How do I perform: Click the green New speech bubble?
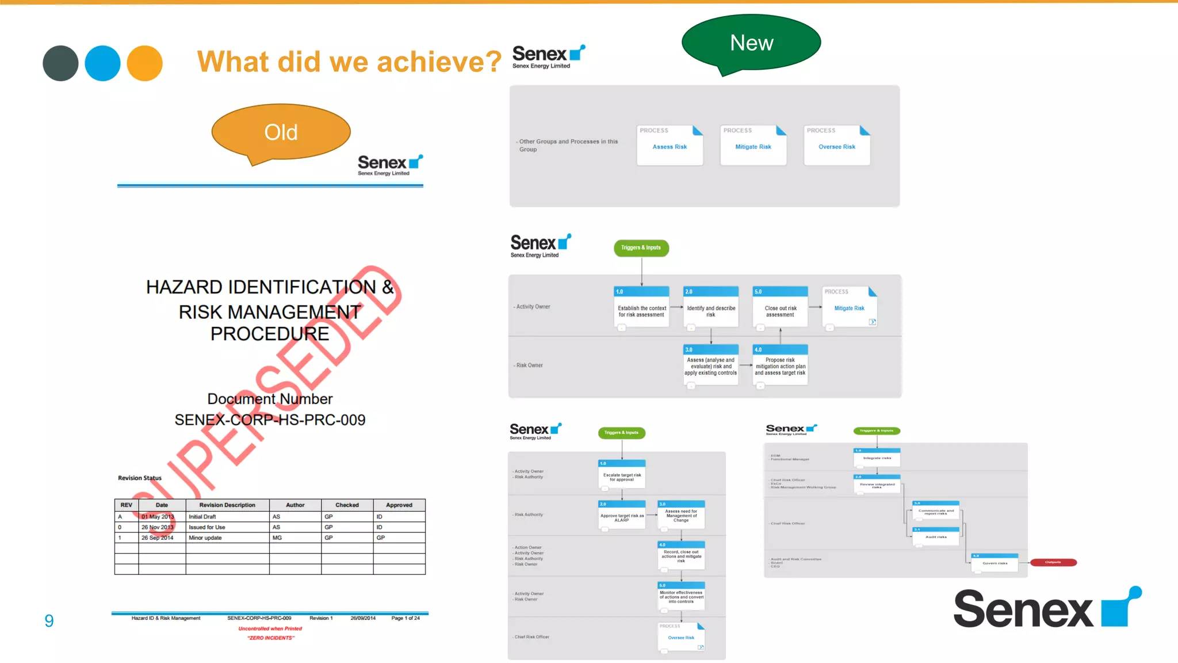[x=751, y=43]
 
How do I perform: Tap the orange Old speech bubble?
[x=281, y=132]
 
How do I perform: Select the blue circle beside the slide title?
[x=102, y=63]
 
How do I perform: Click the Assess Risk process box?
[x=670, y=146]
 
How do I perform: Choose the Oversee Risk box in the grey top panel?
[x=836, y=146]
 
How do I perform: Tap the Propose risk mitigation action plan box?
[x=780, y=365]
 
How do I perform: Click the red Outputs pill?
[x=1053, y=562]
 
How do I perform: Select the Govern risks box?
[x=995, y=562]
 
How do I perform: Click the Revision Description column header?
[x=227, y=505]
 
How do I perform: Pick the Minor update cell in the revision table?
[x=205, y=538]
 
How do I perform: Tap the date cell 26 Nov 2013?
[x=157, y=527]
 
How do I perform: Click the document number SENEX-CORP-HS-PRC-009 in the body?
[x=270, y=420]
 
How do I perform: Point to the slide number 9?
[x=49, y=620]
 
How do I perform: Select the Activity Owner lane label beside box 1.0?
[x=533, y=307]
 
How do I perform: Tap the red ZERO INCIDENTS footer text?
[x=271, y=638]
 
